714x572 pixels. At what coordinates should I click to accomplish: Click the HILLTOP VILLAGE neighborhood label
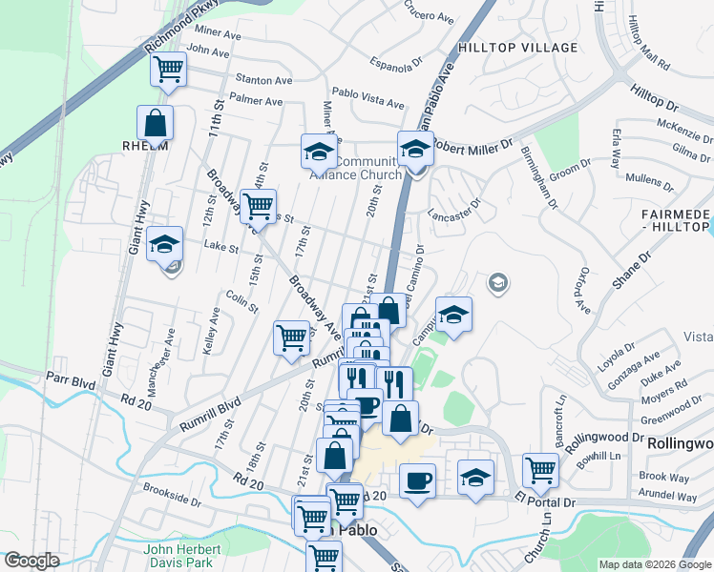pos(517,48)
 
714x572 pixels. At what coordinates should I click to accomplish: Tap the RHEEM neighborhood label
pos(145,146)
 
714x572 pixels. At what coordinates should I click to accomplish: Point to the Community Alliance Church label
pos(356,168)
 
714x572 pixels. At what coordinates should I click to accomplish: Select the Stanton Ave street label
pos(258,81)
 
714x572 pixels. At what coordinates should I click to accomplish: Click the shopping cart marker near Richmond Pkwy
pos(168,70)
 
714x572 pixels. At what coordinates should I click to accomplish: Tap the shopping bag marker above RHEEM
pos(155,122)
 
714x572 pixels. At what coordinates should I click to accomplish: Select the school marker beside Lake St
pos(165,243)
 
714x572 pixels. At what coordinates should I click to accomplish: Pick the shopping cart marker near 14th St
pos(258,204)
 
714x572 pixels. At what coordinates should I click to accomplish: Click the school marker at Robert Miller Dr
pos(415,149)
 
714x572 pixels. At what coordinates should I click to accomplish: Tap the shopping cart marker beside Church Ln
pos(540,469)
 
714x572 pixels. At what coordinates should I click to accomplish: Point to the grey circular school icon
pos(497,282)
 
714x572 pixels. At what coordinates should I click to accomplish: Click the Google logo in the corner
pos(31,561)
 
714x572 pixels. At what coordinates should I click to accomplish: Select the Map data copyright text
pos(654,564)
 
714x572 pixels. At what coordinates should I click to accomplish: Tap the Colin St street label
pos(237,297)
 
